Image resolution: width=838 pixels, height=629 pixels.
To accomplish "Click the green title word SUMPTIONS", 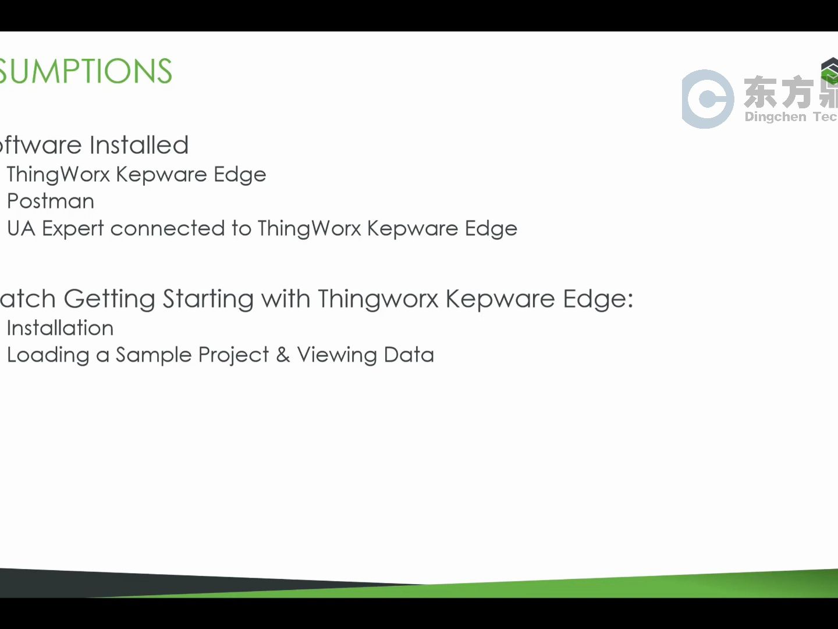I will pos(86,71).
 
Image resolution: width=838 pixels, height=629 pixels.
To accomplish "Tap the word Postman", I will pos(51,201).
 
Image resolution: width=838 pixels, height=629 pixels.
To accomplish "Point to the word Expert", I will pos(73,229).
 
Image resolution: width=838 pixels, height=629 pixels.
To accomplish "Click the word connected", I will pos(167,228).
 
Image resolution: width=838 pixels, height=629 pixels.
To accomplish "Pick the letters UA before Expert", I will pos(21,228).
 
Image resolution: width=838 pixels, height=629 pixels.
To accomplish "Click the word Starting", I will pos(208,299).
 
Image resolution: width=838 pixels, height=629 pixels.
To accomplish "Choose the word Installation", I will pos(60,328).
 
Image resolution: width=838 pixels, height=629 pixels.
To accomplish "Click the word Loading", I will pos(48,355).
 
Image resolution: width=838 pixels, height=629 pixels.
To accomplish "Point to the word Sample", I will pos(154,355).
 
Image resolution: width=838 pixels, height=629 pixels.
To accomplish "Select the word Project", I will pos(233,355).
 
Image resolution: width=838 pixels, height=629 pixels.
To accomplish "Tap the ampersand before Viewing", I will pos(283,355).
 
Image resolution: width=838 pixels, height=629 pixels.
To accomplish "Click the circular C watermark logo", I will pos(708,99).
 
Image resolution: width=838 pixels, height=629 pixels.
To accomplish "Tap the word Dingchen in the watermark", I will pos(775,116).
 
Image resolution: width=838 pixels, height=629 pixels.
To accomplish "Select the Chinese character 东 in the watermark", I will pos(760,92).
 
